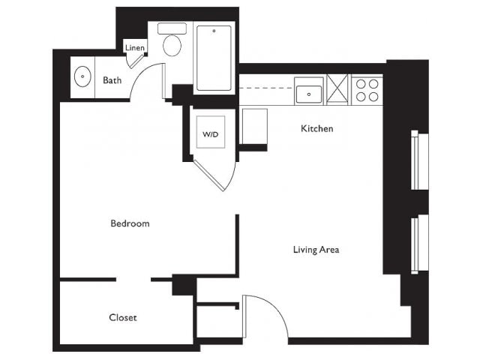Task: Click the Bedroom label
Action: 130,223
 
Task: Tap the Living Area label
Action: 316,250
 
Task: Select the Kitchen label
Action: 316,128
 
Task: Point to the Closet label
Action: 123,317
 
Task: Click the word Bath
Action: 112,80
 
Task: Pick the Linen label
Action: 135,48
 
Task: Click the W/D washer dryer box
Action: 211,132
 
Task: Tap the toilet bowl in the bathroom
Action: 172,45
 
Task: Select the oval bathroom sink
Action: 82,76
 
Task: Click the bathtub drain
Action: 214,31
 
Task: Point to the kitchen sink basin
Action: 309,94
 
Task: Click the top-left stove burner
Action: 361,83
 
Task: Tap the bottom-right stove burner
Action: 373,97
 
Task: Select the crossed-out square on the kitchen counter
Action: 337,90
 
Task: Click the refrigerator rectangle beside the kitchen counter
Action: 255,127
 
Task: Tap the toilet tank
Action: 172,28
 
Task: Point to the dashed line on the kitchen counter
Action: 265,88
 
